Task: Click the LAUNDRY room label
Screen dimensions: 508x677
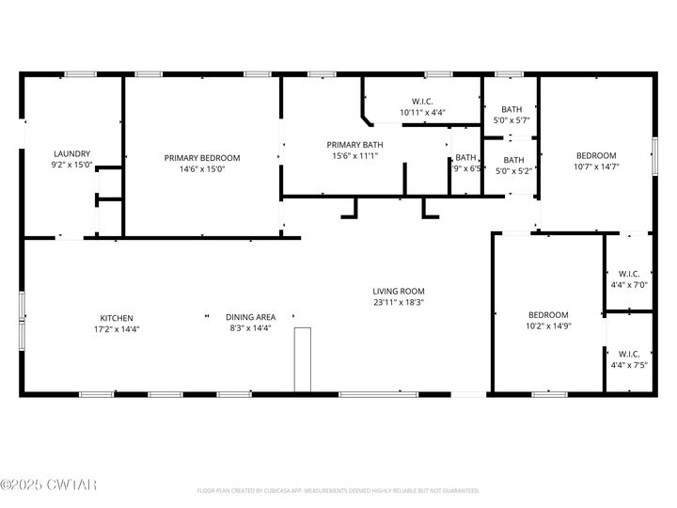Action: click(71, 153)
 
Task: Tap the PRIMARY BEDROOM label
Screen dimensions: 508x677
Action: click(202, 158)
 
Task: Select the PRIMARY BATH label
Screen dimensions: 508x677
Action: click(354, 144)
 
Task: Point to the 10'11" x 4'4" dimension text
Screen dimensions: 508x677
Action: click(422, 112)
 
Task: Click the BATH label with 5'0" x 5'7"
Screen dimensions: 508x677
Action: click(512, 109)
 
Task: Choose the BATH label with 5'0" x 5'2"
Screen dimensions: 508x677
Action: click(513, 160)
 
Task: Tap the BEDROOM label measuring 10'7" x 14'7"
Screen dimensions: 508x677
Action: click(596, 155)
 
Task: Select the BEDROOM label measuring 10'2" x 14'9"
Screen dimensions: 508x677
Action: click(547, 314)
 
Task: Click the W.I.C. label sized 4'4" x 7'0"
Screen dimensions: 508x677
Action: click(629, 275)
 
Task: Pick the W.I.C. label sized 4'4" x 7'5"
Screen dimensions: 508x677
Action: click(629, 354)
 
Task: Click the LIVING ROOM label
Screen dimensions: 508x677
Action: click(398, 292)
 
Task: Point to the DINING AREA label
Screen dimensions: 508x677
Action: click(250, 317)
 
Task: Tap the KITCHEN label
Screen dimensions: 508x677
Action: click(117, 317)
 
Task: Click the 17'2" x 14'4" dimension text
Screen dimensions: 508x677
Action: click(117, 328)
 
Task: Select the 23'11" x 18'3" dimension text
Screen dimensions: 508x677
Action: click(398, 303)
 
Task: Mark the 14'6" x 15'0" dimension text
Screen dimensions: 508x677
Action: click(202, 169)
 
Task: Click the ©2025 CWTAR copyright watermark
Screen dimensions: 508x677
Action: click(48, 485)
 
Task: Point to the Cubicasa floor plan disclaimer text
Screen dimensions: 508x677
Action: click(338, 490)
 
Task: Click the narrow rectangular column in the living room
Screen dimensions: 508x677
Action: click(302, 359)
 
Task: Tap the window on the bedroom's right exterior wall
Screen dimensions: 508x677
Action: click(654, 153)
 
